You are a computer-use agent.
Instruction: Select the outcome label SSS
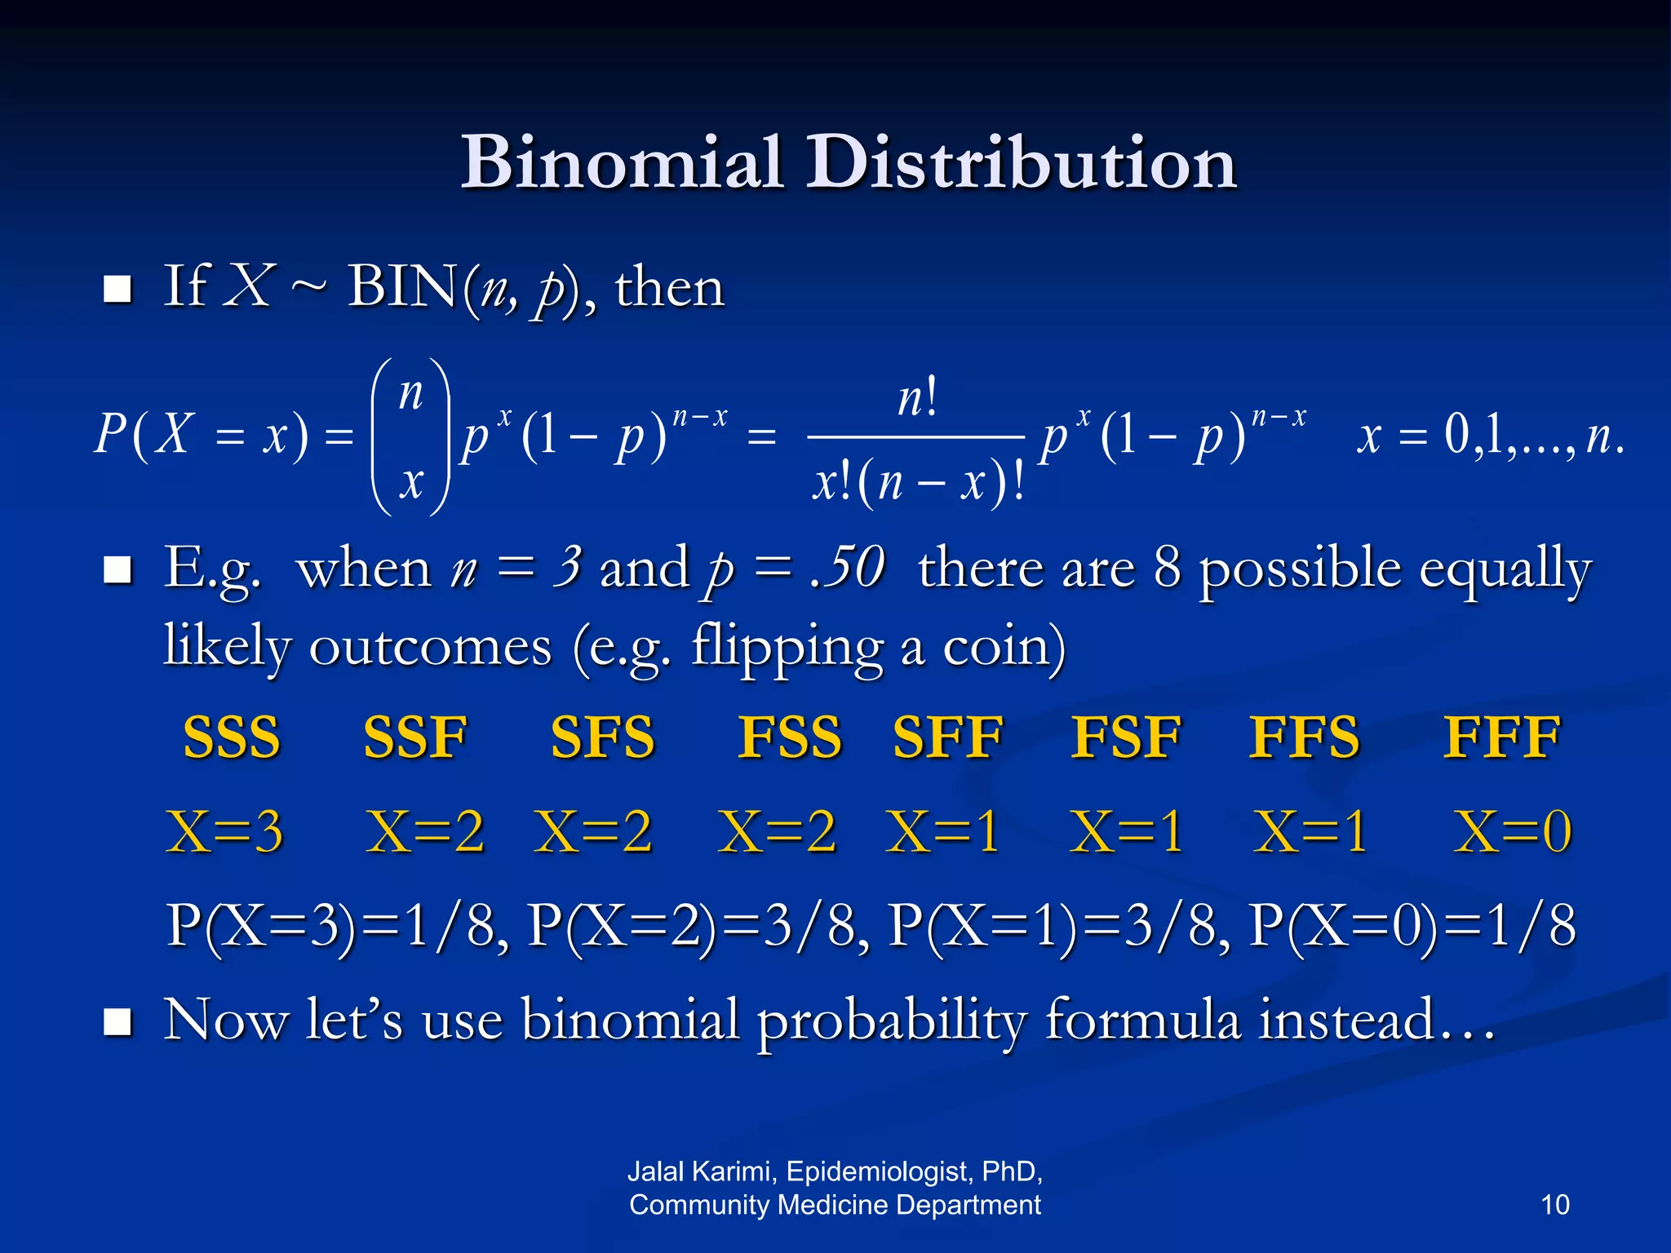[232, 737]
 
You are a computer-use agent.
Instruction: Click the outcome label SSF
[415, 737]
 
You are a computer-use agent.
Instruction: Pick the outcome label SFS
[603, 737]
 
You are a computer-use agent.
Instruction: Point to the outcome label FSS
[790, 737]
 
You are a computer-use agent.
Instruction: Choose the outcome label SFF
[948, 737]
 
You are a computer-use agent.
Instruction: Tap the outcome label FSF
[1126, 737]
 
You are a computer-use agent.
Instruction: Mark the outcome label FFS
[1305, 737]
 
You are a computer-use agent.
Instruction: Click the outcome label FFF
[1502, 737]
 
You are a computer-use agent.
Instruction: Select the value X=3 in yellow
[224, 832]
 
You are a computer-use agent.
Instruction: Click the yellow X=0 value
[1513, 832]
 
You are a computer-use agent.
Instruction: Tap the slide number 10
[1555, 1205]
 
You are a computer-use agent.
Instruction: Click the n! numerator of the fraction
[918, 399]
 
